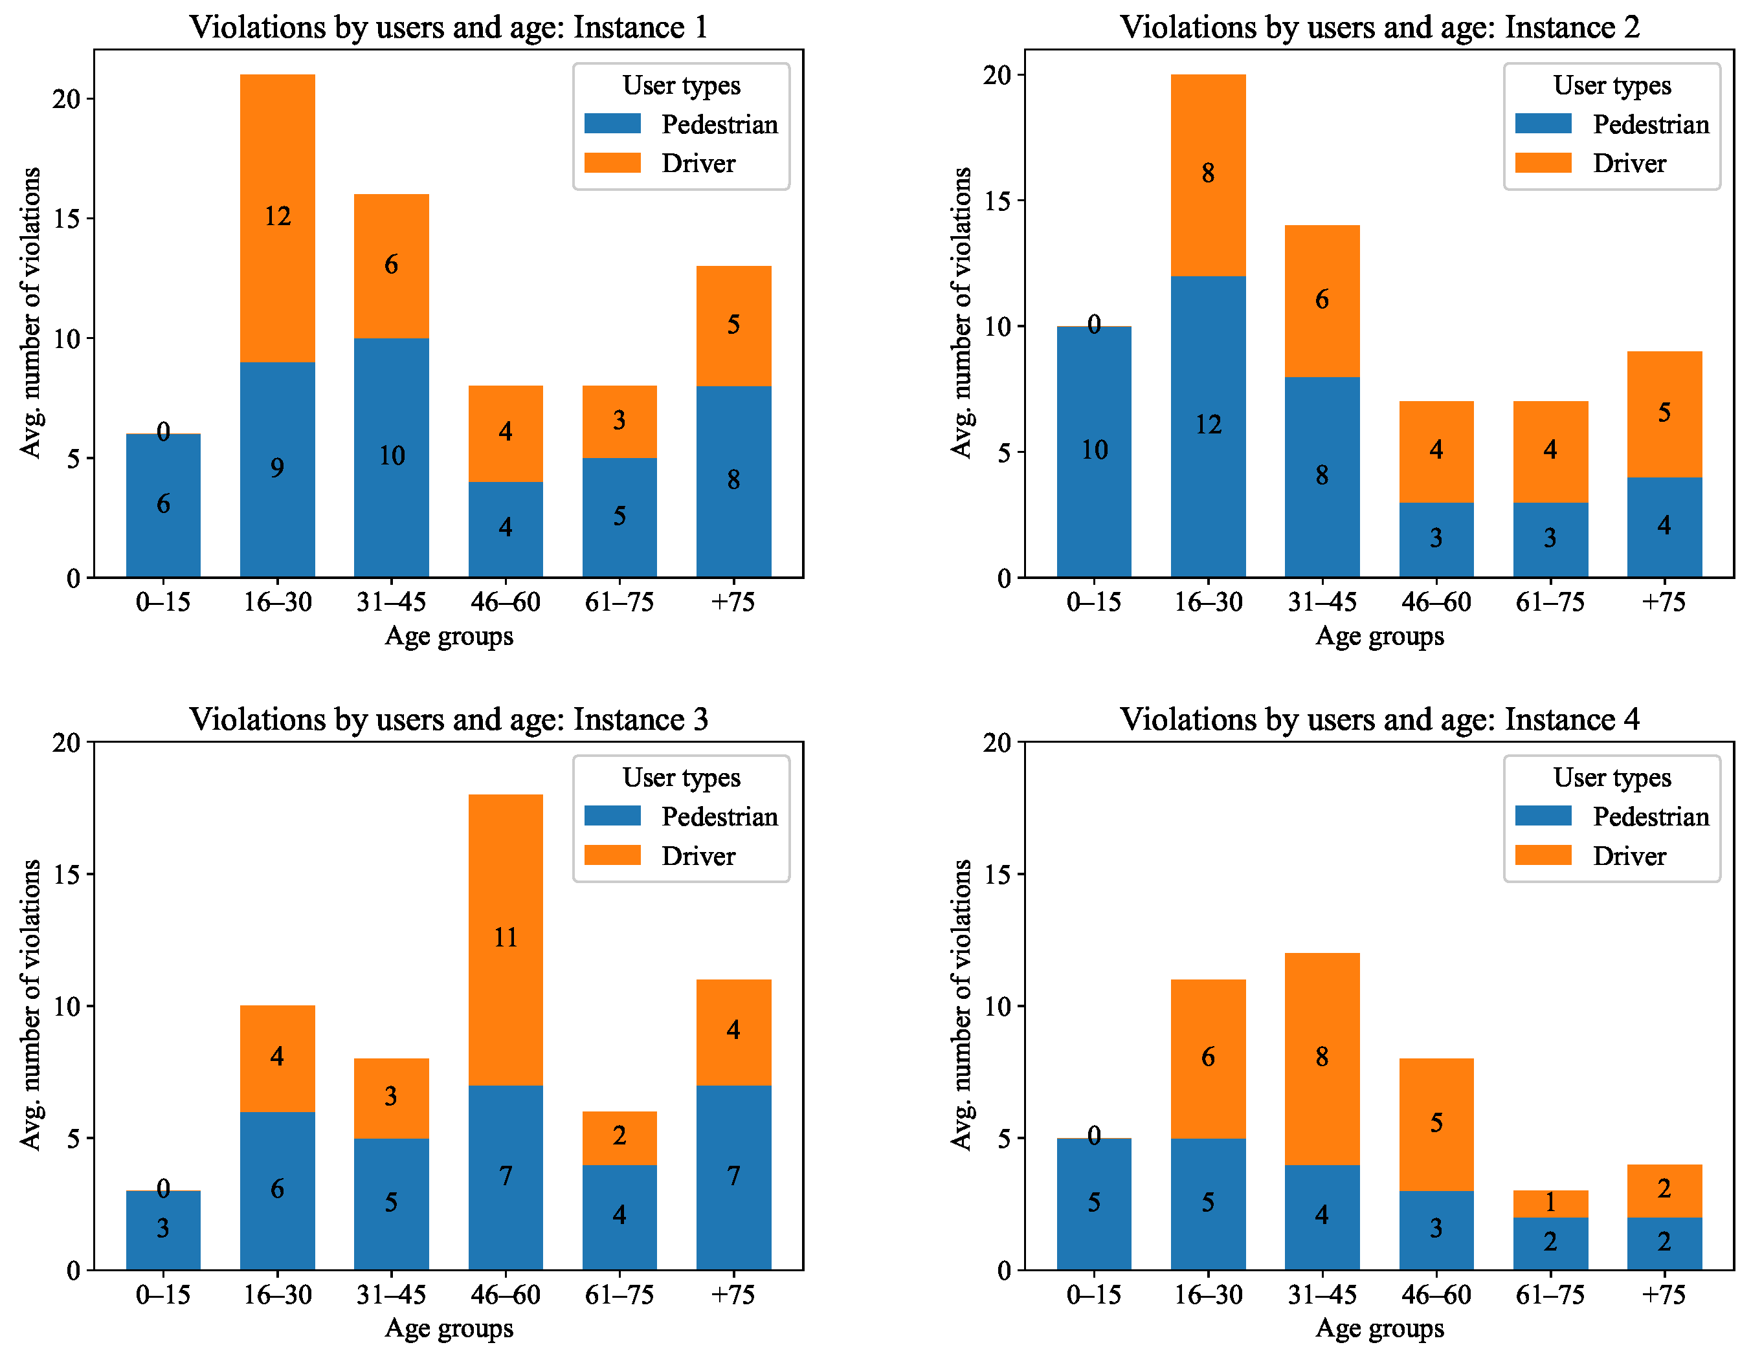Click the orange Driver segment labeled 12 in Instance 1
click(278, 218)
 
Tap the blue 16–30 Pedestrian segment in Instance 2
click(1208, 426)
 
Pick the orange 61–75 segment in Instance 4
click(1550, 1204)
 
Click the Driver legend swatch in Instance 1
click(612, 162)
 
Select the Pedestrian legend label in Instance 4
click(1651, 816)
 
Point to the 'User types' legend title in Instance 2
click(1612, 85)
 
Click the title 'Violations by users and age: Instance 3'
click(449, 719)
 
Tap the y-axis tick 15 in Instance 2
click(998, 201)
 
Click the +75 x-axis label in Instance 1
click(733, 601)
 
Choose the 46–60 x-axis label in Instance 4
click(1436, 1295)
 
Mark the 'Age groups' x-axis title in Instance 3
click(449, 1329)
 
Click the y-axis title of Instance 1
click(30, 312)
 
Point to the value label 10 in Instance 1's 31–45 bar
click(391, 456)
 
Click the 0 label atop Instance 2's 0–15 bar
click(1095, 325)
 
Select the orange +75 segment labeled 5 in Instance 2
click(1664, 414)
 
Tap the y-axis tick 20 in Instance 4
click(998, 742)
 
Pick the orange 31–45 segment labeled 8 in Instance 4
click(1322, 1058)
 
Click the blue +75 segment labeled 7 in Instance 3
click(733, 1178)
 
